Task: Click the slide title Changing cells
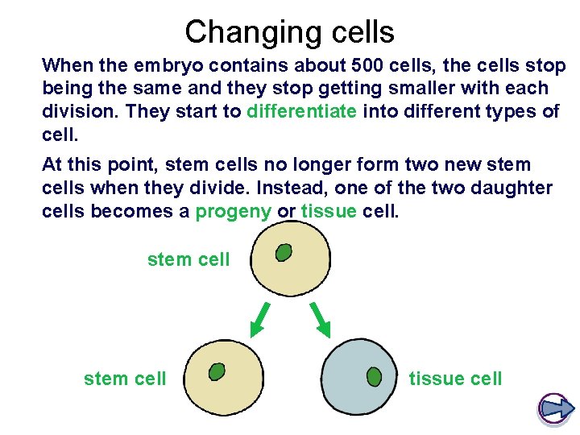(289, 32)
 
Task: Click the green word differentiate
(301, 111)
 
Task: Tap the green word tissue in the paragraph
(328, 211)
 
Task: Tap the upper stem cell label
(188, 259)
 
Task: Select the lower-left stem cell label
(125, 378)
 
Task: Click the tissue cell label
(455, 378)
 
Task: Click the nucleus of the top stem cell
(284, 253)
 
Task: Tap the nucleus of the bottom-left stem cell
(217, 371)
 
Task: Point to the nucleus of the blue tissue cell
(374, 375)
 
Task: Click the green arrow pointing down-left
(259, 321)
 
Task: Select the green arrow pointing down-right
(320, 321)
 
